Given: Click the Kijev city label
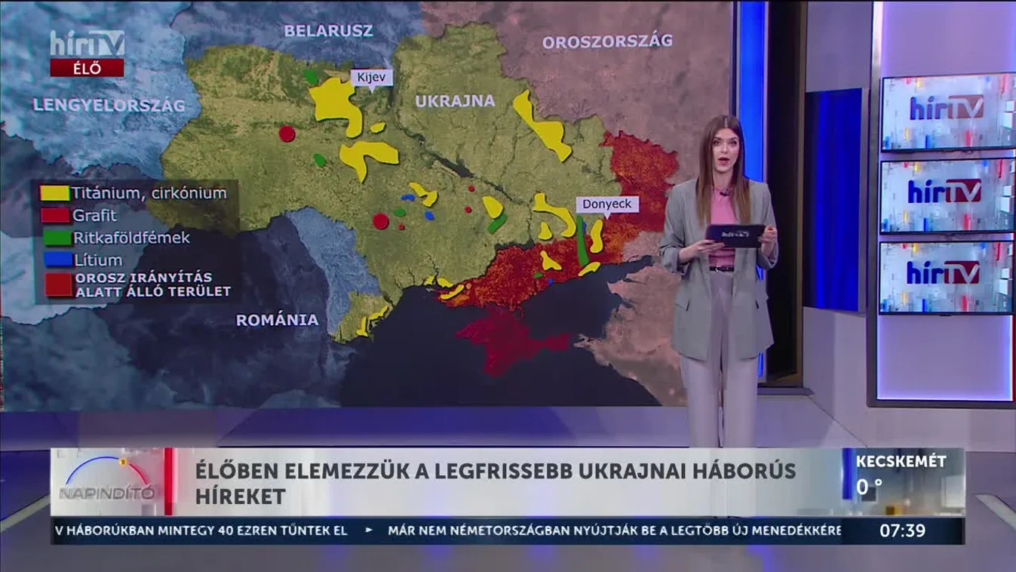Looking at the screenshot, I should (372, 78).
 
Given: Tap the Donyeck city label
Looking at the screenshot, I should (607, 204).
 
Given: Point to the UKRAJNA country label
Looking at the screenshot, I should (455, 101).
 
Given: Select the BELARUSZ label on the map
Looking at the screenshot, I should (328, 31).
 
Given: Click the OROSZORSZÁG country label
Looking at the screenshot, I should (606, 42).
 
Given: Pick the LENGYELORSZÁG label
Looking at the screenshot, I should (109, 106).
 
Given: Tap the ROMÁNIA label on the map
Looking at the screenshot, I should (277, 320).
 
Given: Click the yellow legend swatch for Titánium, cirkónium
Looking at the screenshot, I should (54, 193).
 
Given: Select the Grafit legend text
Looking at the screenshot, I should (94, 215).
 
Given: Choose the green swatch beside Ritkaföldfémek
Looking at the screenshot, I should (54, 238).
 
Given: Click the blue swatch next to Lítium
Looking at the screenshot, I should (54, 260).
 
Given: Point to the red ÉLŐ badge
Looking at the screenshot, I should (87, 68).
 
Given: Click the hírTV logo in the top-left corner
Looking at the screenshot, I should (87, 43).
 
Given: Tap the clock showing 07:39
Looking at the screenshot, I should (902, 530).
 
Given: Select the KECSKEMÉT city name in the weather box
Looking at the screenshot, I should (901, 462).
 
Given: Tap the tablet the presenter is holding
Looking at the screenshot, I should (735, 235).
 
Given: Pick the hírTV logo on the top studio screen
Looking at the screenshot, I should (947, 108).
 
